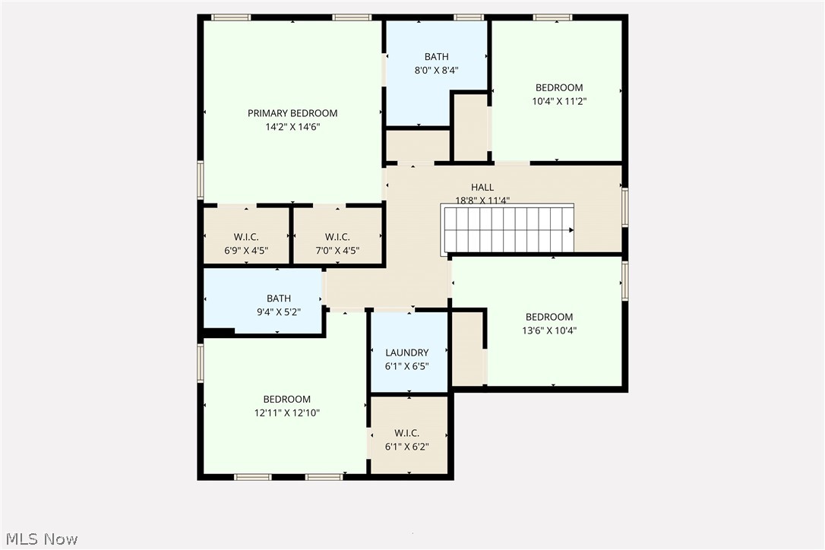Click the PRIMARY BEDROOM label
click(x=292, y=113)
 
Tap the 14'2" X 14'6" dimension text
click(x=292, y=127)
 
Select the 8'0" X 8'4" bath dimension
click(x=436, y=70)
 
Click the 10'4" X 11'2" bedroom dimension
click(x=559, y=101)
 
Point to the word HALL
click(x=482, y=188)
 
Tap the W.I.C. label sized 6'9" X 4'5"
click(x=246, y=237)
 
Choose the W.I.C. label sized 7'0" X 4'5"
click(x=337, y=237)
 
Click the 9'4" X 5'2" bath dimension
click(x=278, y=312)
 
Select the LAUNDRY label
click(x=406, y=352)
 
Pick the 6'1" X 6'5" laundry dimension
click(x=406, y=366)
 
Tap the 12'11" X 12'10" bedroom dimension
click(x=286, y=413)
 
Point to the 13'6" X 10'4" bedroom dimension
click(x=548, y=330)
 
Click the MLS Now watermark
click(x=40, y=539)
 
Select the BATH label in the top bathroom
click(x=436, y=56)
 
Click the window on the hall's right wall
click(x=624, y=207)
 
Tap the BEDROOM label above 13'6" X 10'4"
click(x=548, y=317)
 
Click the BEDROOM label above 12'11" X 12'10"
click(x=286, y=400)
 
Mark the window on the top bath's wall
click(x=469, y=17)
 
